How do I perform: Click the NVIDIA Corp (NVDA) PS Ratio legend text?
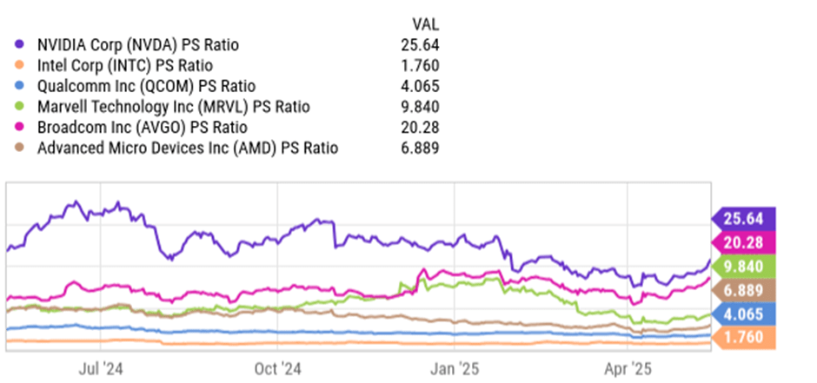click(x=138, y=44)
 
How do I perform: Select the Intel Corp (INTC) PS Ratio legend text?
click(x=125, y=65)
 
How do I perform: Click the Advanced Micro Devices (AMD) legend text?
click(x=188, y=149)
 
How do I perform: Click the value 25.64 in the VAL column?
click(x=422, y=44)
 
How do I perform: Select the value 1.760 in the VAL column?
click(x=422, y=65)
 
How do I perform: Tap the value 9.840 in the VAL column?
click(x=422, y=107)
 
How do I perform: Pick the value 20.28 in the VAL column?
click(x=422, y=128)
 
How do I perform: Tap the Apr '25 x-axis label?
click(x=628, y=367)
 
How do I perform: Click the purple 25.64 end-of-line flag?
click(x=744, y=218)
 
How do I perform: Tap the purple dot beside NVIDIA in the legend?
click(x=19, y=44)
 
